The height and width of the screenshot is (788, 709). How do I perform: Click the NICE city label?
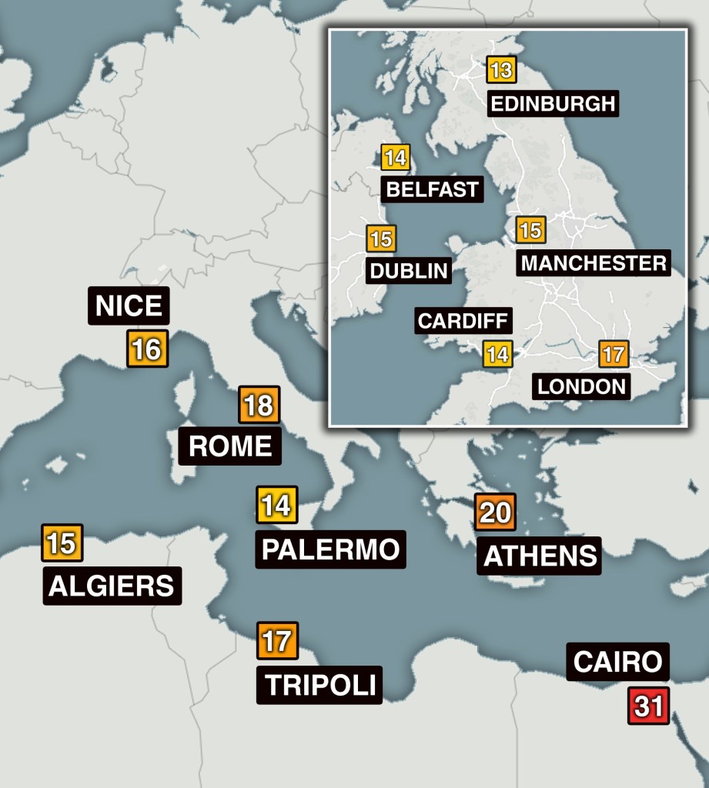129,306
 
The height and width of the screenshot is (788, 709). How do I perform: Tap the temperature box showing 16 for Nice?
146,349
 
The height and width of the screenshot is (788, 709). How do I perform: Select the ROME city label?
230,446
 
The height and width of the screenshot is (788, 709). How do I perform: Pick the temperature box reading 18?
259,405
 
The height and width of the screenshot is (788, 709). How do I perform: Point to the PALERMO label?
330,549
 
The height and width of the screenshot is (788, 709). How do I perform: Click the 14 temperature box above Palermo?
276,506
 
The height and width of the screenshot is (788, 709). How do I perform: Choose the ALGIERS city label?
112,586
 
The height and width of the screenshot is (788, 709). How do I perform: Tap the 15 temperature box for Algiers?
62,543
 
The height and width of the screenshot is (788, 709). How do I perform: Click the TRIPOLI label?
319,684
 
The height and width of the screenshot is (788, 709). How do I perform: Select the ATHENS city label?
540,555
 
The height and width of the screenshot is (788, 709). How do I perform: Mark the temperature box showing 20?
495,513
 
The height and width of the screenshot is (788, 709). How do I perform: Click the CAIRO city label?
617,661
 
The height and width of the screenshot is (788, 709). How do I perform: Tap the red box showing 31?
648,706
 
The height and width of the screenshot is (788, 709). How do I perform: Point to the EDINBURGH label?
553,103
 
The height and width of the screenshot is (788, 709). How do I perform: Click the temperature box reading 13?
500,71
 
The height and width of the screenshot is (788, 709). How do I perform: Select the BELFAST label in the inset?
432,189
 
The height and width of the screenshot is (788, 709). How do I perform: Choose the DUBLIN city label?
408,270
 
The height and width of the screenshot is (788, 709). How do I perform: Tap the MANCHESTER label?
594,262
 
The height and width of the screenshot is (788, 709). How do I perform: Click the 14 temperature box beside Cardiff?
497,355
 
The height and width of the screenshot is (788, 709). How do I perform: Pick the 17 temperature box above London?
613,355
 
